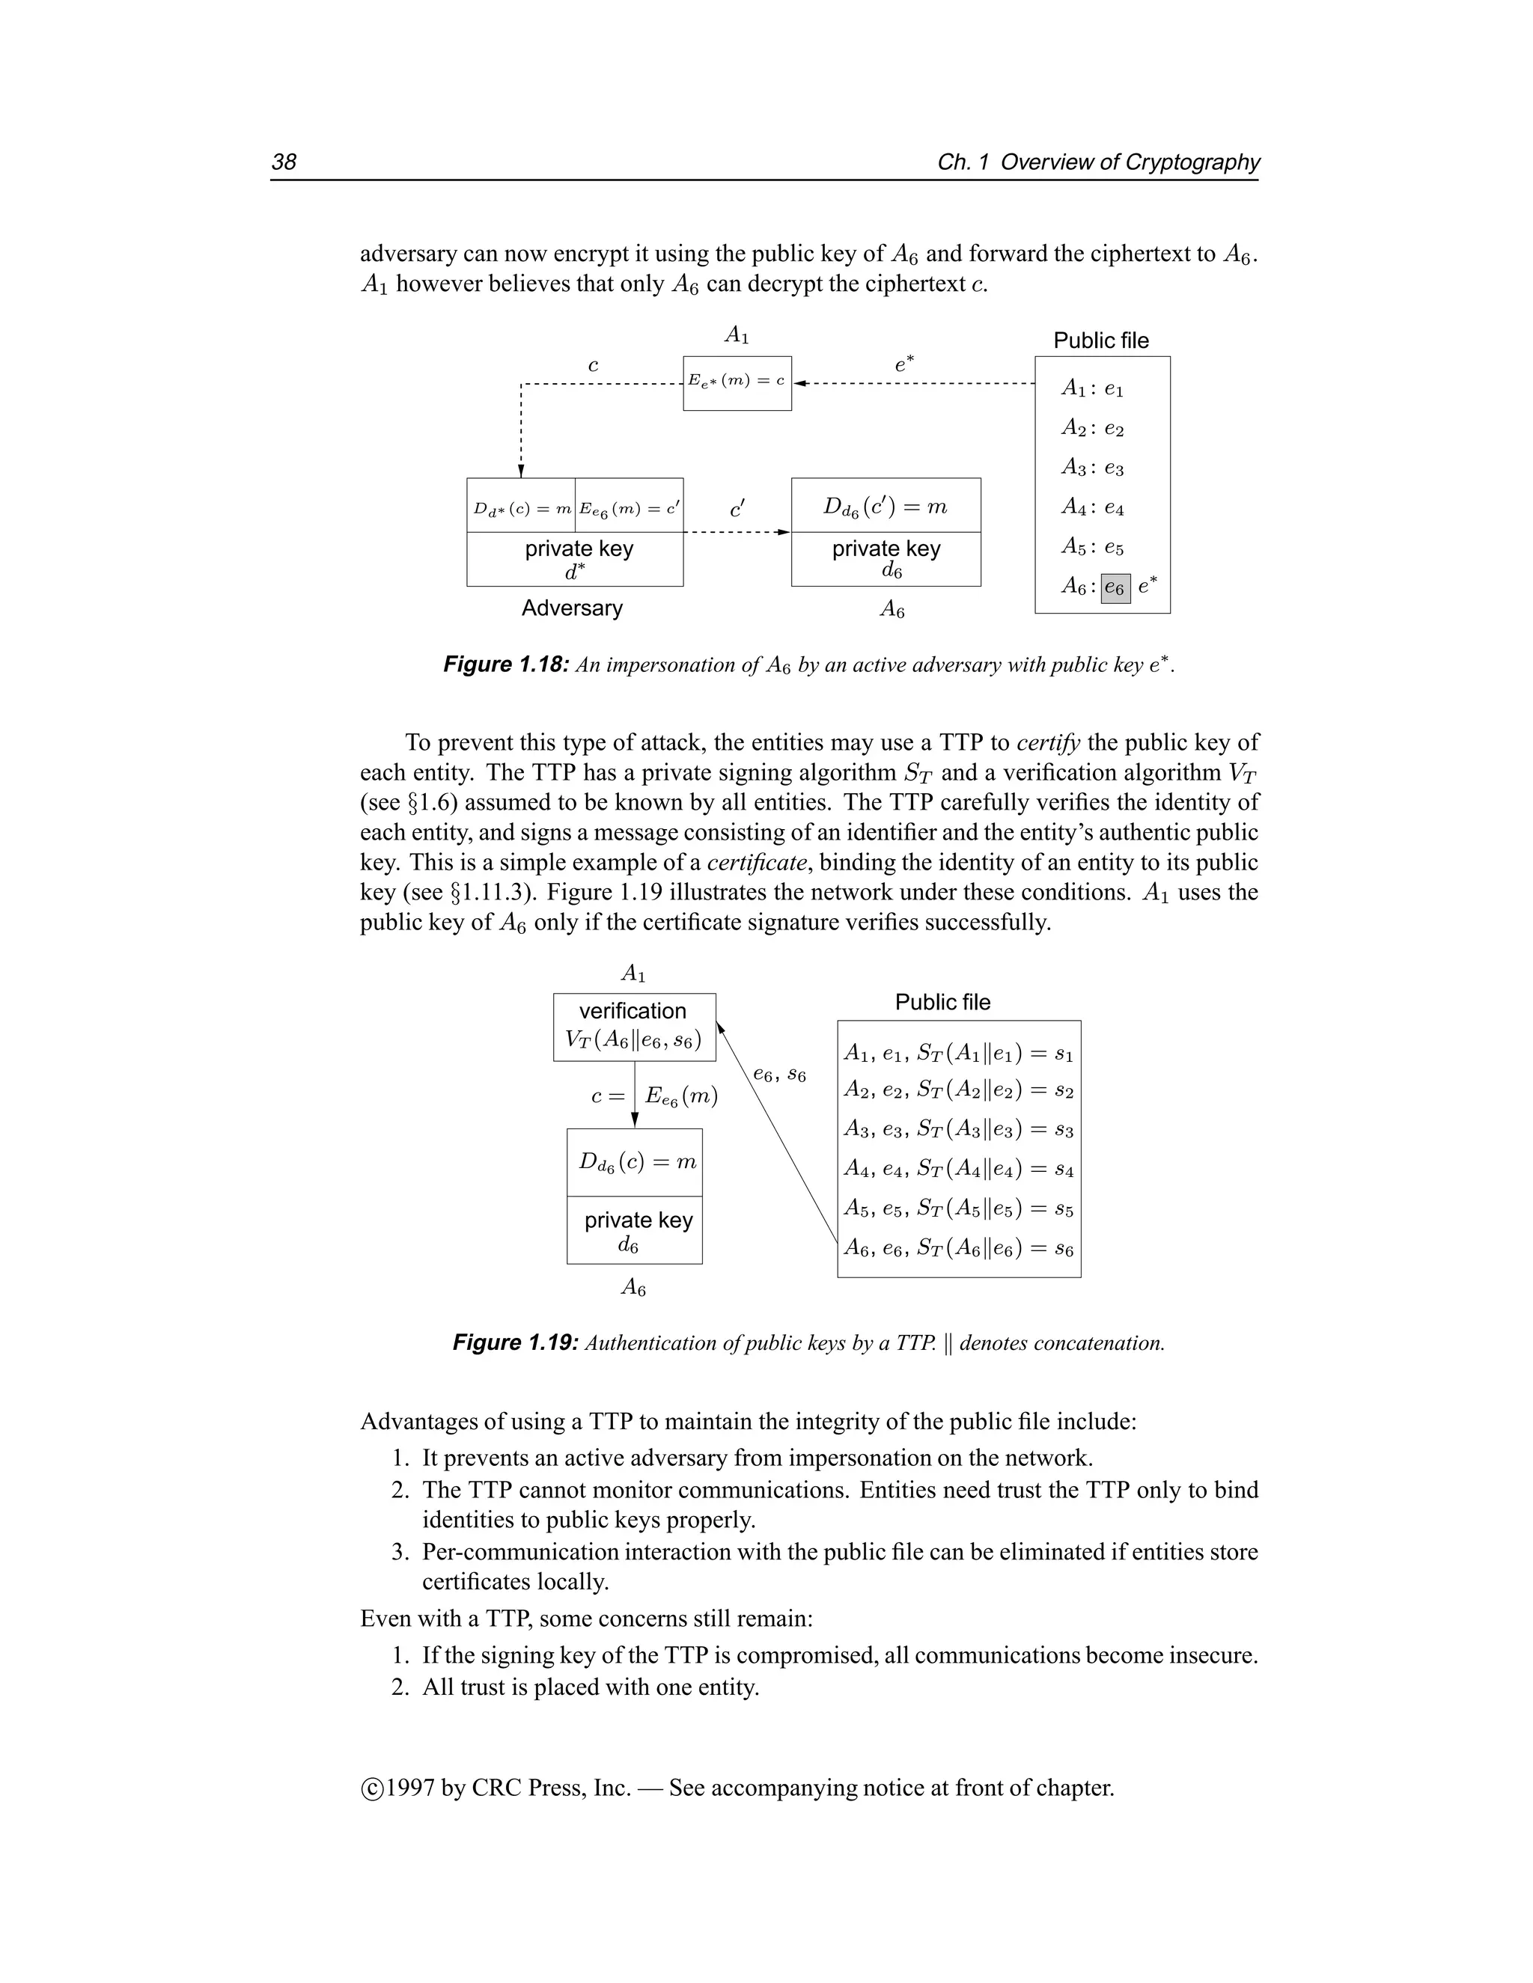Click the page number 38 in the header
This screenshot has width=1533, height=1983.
[284, 162]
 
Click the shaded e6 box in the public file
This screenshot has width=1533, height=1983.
[1115, 588]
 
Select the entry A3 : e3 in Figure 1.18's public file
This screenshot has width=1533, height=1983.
[1093, 468]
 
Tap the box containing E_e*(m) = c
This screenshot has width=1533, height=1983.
[737, 382]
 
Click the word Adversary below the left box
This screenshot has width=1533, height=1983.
[572, 608]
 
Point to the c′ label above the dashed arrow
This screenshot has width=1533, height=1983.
[737, 510]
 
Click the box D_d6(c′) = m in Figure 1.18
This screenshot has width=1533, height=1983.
[886, 506]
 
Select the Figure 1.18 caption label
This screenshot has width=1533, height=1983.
[506, 664]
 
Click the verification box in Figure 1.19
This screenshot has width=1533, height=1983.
[634, 1027]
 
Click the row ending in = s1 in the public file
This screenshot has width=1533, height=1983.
[958, 1054]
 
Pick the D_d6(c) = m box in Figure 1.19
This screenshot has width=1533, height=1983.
[635, 1162]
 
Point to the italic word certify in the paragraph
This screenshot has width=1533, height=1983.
[1048, 743]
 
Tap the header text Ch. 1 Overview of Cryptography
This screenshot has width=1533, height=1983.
[1098, 162]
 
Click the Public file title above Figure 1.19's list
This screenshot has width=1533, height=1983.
[942, 1003]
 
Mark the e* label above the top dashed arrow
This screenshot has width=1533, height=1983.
[903, 364]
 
